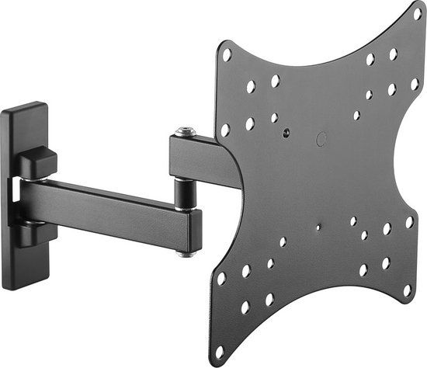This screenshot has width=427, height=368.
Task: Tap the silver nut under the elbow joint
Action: pyautogui.click(x=186, y=252)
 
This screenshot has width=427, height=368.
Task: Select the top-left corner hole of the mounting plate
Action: pyautogui.click(x=227, y=55)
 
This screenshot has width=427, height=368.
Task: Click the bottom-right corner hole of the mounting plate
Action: pyautogui.click(x=407, y=290)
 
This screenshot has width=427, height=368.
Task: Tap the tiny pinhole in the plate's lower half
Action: pyautogui.click(x=318, y=228)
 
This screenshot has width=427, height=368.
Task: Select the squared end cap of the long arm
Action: pyautogui.click(x=194, y=231)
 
